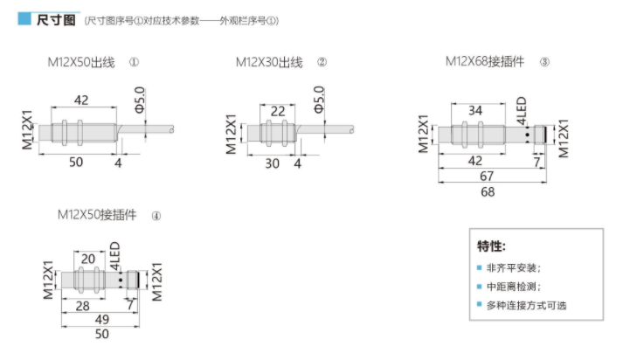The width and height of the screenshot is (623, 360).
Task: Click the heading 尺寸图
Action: tap(56, 20)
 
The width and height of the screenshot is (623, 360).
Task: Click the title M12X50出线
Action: tap(81, 62)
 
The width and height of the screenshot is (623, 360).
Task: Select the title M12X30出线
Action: tap(269, 62)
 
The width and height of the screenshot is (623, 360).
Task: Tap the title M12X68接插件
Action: tap(485, 61)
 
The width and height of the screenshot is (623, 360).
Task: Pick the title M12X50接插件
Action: tap(97, 215)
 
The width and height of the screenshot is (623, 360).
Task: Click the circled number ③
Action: tap(544, 62)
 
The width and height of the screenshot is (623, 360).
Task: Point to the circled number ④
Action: tap(156, 216)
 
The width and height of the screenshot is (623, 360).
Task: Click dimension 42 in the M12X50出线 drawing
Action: tap(81, 100)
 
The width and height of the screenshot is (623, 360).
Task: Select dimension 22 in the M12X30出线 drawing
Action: tap(278, 111)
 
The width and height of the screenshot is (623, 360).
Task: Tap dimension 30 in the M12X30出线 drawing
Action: tap(272, 163)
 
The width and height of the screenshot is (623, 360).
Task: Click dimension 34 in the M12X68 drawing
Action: tap(475, 110)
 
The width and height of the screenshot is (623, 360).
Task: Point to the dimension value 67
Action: tap(487, 176)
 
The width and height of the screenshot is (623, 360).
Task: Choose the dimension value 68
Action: tap(488, 192)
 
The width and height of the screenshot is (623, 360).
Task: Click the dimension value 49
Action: tap(101, 320)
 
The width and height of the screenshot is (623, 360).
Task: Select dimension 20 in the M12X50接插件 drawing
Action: tap(87, 259)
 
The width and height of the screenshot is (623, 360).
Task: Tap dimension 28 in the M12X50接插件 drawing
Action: tap(83, 306)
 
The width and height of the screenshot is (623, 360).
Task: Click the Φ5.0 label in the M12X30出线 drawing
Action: tap(319, 100)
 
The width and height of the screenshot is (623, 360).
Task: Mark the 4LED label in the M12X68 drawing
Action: tap(522, 111)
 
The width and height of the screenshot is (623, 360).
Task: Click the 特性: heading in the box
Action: tap(491, 246)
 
